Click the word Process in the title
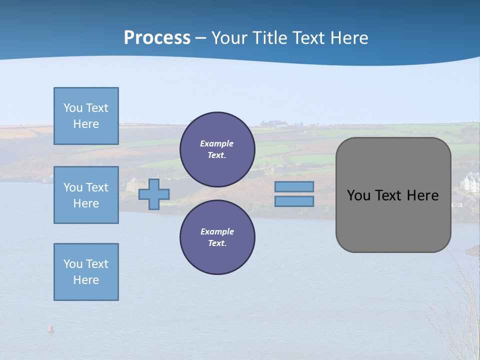pyautogui.click(x=157, y=38)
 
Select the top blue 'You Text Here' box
pyautogui.click(x=86, y=116)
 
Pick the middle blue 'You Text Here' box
pyautogui.click(x=86, y=195)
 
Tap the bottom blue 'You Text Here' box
pyautogui.click(x=86, y=272)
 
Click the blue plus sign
pyautogui.click(x=154, y=194)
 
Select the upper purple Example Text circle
pyautogui.click(x=217, y=149)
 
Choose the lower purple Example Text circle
pyautogui.click(x=217, y=237)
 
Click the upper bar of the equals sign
pyautogui.click(x=294, y=186)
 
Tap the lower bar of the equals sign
pyautogui.click(x=294, y=201)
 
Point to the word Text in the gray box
pyautogui.click(x=388, y=195)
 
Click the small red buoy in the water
pyautogui.click(x=50, y=328)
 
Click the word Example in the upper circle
pyautogui.click(x=217, y=143)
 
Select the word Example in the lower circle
pyautogui.click(x=217, y=231)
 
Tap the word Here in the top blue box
pyautogui.click(x=86, y=124)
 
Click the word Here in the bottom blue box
pyautogui.click(x=86, y=280)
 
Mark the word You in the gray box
pyautogui.click(x=358, y=195)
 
